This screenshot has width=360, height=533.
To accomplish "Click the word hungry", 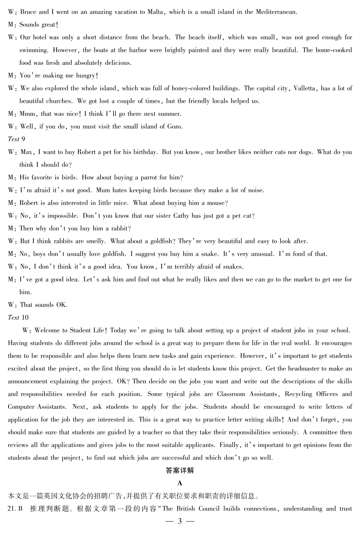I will tap(85, 76).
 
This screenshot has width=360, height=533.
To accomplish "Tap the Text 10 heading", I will tap(18, 318).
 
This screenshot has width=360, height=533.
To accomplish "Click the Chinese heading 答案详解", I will tap(180, 471).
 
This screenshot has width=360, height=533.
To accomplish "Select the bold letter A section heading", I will tap(180, 483).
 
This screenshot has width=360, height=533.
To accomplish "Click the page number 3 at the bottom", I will tap(180, 522).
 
